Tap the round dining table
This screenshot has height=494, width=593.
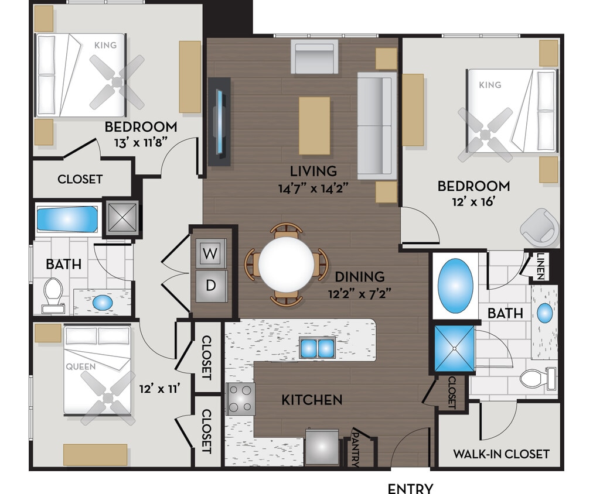286,264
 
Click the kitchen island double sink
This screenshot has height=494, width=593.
316,348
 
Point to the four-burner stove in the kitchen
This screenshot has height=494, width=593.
241,398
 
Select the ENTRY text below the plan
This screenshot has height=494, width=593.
411,488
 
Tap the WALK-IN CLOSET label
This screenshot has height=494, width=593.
501,454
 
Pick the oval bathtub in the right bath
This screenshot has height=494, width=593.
455,286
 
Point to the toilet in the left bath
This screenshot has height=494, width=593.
53,294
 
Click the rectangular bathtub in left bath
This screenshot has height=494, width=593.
67,219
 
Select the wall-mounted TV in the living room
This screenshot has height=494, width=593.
219,121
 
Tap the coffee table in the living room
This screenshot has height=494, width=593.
314,125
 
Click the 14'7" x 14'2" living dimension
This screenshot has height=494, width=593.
313,188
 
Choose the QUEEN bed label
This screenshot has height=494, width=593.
81,367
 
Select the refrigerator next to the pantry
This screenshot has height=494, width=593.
322,447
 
